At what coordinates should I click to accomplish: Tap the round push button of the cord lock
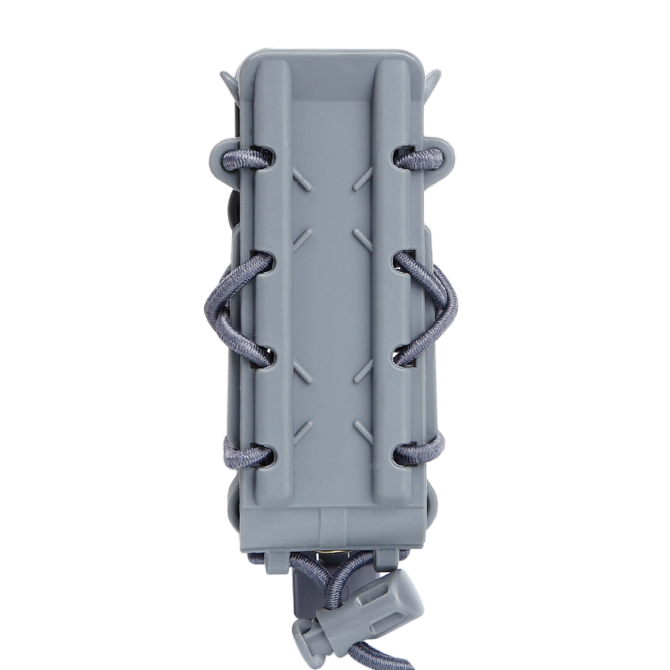click(309, 633)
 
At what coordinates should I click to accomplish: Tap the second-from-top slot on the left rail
click(263, 262)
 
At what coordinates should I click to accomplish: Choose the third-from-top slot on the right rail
click(404, 355)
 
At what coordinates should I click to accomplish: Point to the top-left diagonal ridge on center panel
click(302, 179)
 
